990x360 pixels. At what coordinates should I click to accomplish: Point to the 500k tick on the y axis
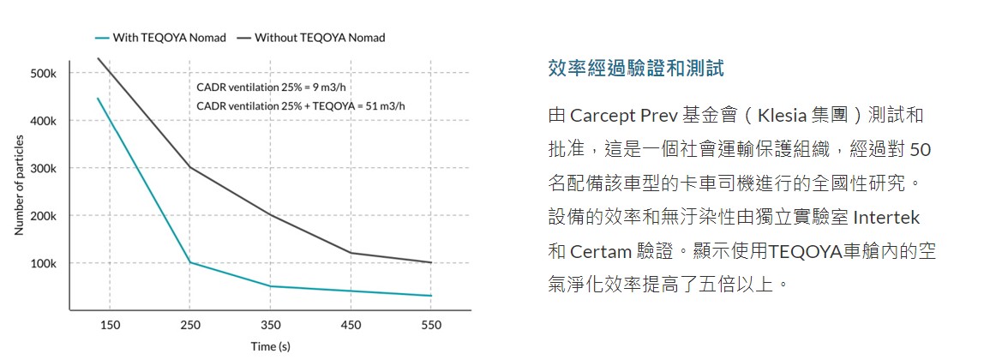click(x=43, y=74)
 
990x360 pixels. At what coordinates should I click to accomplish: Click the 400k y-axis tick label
click(x=43, y=121)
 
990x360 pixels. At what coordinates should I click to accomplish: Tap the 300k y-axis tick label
click(x=43, y=168)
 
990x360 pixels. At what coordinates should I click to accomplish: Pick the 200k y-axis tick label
click(x=43, y=216)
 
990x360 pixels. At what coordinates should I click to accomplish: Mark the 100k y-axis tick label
click(x=43, y=263)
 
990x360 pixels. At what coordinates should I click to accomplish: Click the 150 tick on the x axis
click(x=110, y=325)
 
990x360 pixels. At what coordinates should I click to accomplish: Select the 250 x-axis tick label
click(x=190, y=325)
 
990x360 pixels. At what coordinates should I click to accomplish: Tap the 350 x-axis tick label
click(x=270, y=325)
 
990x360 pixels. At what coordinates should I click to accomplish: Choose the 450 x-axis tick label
click(x=351, y=325)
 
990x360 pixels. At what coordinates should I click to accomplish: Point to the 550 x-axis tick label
click(x=430, y=325)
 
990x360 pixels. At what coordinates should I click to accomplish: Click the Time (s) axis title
click(x=270, y=346)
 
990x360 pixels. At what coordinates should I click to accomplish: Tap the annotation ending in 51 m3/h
click(x=301, y=105)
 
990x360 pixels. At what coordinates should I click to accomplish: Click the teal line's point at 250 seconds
click(x=190, y=262)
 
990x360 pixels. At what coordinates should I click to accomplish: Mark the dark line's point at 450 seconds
click(x=351, y=253)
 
